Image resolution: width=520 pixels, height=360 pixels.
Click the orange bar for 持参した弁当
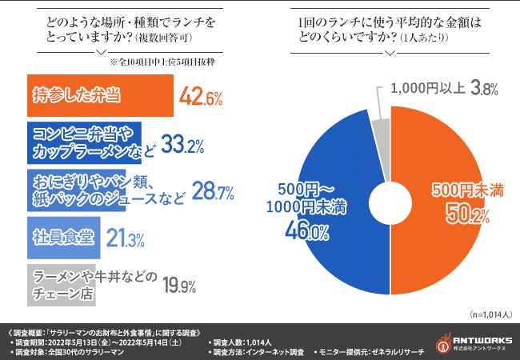coord(99,95)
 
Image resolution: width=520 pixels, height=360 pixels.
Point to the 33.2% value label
coord(183,145)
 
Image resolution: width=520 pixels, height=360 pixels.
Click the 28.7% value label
coord(212,192)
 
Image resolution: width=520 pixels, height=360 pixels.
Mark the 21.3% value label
coord(126,238)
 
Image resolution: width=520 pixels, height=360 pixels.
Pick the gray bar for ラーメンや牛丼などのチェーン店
coord(61,282)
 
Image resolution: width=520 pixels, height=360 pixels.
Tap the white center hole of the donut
coord(390,196)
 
